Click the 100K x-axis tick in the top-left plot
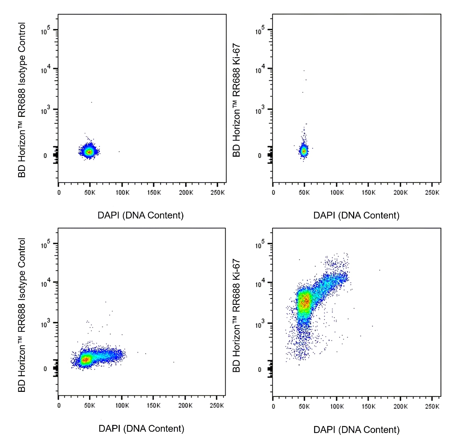pyautogui.click(x=122, y=193)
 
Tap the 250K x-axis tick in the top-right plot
pyautogui.click(x=432, y=193)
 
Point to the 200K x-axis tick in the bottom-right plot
pyautogui.click(x=400, y=406)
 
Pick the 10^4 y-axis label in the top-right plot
pyautogui.click(x=260, y=70)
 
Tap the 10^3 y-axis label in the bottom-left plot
pyautogui.click(x=44, y=324)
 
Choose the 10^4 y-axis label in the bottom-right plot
pyautogui.click(x=260, y=284)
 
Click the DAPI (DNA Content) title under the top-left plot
pyautogui.click(x=141, y=215)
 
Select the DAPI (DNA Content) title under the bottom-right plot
pyautogui.click(x=356, y=430)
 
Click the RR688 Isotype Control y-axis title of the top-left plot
pyautogui.click(x=22, y=100)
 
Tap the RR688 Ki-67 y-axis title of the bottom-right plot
pyautogui.click(x=237, y=315)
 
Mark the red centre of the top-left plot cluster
pyautogui.click(x=89, y=152)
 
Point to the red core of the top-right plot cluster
pyautogui.click(x=304, y=151)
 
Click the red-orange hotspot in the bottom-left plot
pyautogui.click(x=85, y=360)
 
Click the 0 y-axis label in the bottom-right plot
pyautogui.click(x=259, y=369)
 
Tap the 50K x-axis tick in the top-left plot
pyautogui.click(x=90, y=193)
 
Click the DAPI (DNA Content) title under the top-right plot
pyautogui.click(x=356, y=215)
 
